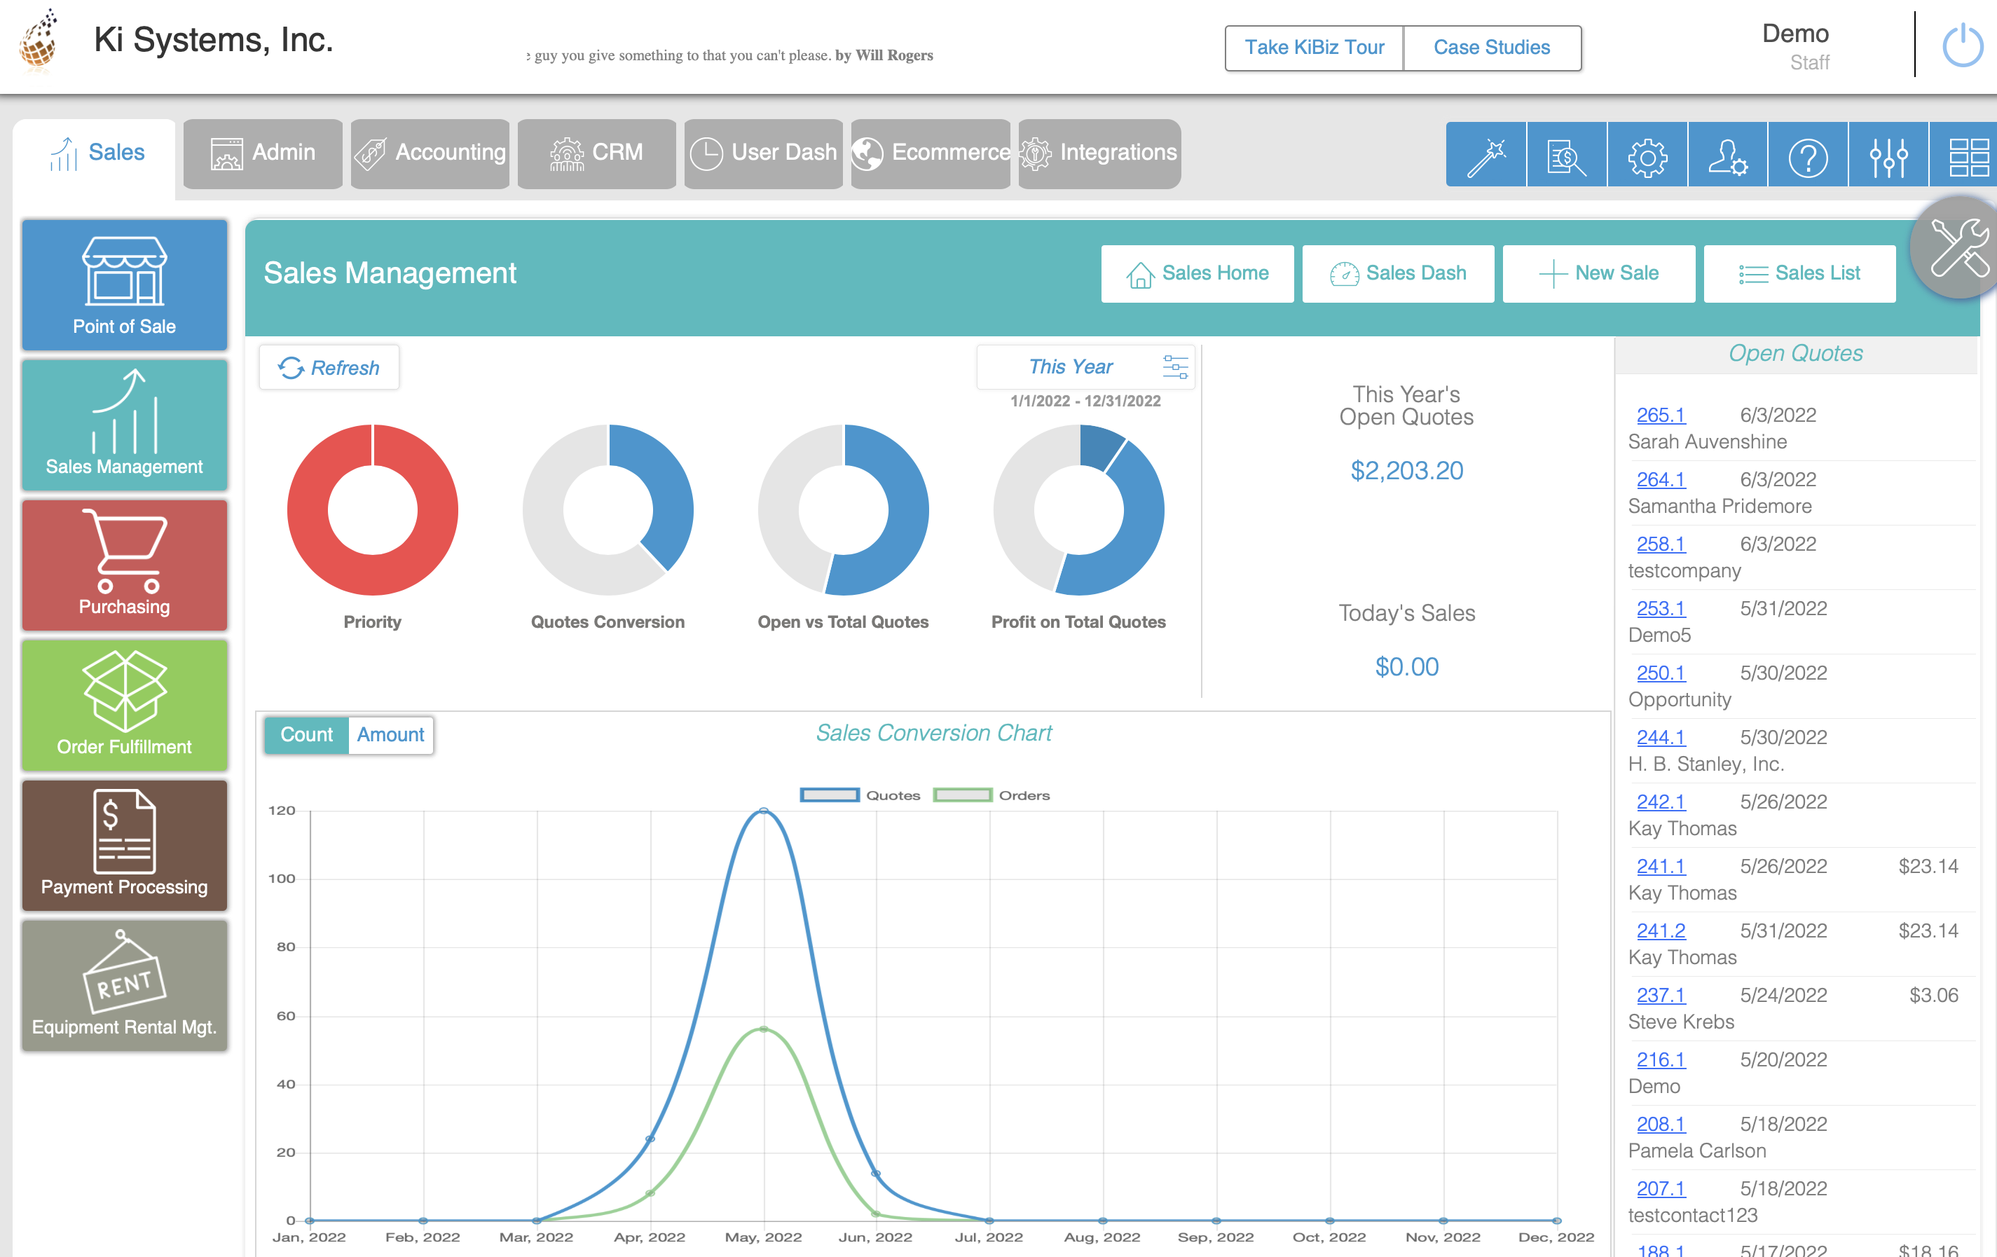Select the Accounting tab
(x=430, y=153)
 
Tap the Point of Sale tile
(x=125, y=284)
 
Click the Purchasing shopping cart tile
(x=125, y=564)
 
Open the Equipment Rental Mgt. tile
(x=125, y=984)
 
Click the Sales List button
(x=1799, y=274)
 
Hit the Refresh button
(x=329, y=367)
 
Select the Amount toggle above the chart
(x=390, y=734)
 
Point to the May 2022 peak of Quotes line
(x=763, y=810)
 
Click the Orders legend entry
(x=992, y=795)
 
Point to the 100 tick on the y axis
(x=282, y=878)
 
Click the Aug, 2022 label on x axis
(x=1102, y=1237)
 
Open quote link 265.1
(x=1660, y=415)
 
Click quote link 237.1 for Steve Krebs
(x=1660, y=995)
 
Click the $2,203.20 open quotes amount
(x=1406, y=471)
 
